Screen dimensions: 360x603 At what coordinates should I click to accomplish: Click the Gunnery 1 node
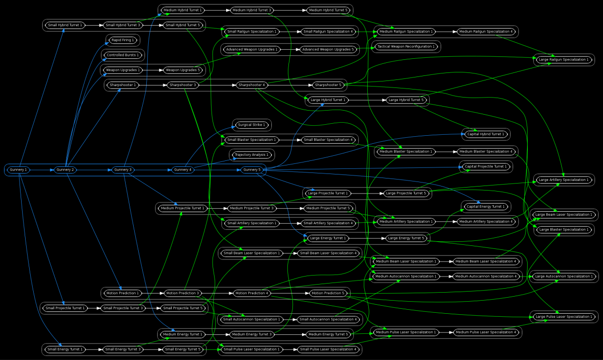coord(18,170)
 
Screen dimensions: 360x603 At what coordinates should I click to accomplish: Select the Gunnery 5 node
coord(252,170)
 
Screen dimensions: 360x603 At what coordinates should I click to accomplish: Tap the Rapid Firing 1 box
coord(123,40)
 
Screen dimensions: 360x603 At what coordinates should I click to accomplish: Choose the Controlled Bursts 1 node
coord(123,55)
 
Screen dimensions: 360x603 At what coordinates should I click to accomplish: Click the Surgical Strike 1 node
coord(251,125)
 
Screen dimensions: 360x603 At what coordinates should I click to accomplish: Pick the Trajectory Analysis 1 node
coord(251,155)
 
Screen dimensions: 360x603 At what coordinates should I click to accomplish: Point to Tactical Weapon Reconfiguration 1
coord(406,47)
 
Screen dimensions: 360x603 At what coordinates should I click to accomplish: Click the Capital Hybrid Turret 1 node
coord(485,134)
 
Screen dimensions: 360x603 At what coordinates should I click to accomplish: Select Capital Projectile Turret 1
coord(485,166)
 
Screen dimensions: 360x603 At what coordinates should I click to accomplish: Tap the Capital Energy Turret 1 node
coord(485,207)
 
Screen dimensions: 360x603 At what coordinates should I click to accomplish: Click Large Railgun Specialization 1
coord(563,59)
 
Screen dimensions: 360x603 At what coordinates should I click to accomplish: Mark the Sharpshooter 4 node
coord(252,85)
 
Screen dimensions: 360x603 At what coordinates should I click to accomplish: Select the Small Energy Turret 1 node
coord(65,349)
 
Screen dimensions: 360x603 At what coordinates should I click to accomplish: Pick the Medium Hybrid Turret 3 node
coord(252,10)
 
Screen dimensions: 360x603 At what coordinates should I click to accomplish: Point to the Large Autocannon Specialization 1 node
coord(564,277)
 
